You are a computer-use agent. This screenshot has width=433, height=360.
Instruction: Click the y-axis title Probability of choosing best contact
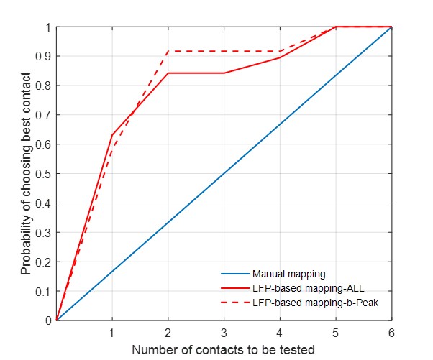(26, 173)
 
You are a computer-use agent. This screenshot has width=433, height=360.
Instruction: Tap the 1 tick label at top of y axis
(47, 27)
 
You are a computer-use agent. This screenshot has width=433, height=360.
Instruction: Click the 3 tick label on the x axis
(224, 333)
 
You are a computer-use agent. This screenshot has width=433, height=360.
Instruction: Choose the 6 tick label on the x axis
(391, 333)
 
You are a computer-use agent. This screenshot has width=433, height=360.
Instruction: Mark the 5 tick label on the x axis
(336, 333)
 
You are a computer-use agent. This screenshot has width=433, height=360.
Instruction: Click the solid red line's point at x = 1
(112, 135)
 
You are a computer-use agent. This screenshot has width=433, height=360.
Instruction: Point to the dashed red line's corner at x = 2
(168, 51)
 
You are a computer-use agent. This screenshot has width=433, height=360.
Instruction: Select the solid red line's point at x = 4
(280, 57)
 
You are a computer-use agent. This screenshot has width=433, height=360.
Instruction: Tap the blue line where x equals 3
(224, 173)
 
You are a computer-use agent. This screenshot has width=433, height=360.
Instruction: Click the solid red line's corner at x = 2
(168, 73)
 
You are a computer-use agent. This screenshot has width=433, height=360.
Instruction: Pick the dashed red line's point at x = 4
(280, 51)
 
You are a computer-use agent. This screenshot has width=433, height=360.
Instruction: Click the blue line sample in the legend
(234, 274)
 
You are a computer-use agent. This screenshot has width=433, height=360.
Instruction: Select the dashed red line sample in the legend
(234, 303)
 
